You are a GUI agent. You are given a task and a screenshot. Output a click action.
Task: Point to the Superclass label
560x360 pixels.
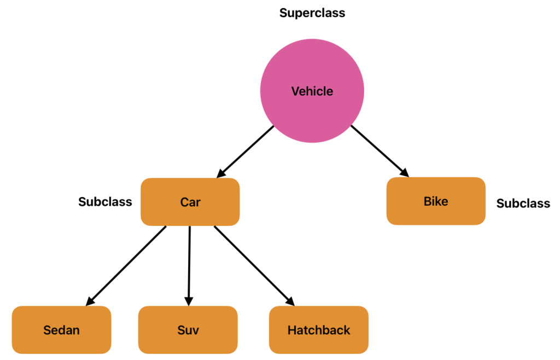click(312, 13)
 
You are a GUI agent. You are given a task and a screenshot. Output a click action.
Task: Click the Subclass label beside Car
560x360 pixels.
click(105, 202)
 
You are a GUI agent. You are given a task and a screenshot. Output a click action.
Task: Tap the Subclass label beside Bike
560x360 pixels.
click(523, 204)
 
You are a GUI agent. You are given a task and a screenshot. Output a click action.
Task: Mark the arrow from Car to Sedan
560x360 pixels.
click(126, 265)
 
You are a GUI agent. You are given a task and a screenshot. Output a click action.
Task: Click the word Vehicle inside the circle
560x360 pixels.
click(312, 91)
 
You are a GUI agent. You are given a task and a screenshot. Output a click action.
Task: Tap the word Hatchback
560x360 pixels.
click(319, 330)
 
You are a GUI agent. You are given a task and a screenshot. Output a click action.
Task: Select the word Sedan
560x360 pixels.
click(61, 330)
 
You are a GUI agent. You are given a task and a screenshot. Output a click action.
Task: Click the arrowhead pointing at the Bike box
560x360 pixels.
click(405, 173)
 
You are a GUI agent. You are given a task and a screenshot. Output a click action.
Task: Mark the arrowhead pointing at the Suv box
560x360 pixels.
click(189, 301)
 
